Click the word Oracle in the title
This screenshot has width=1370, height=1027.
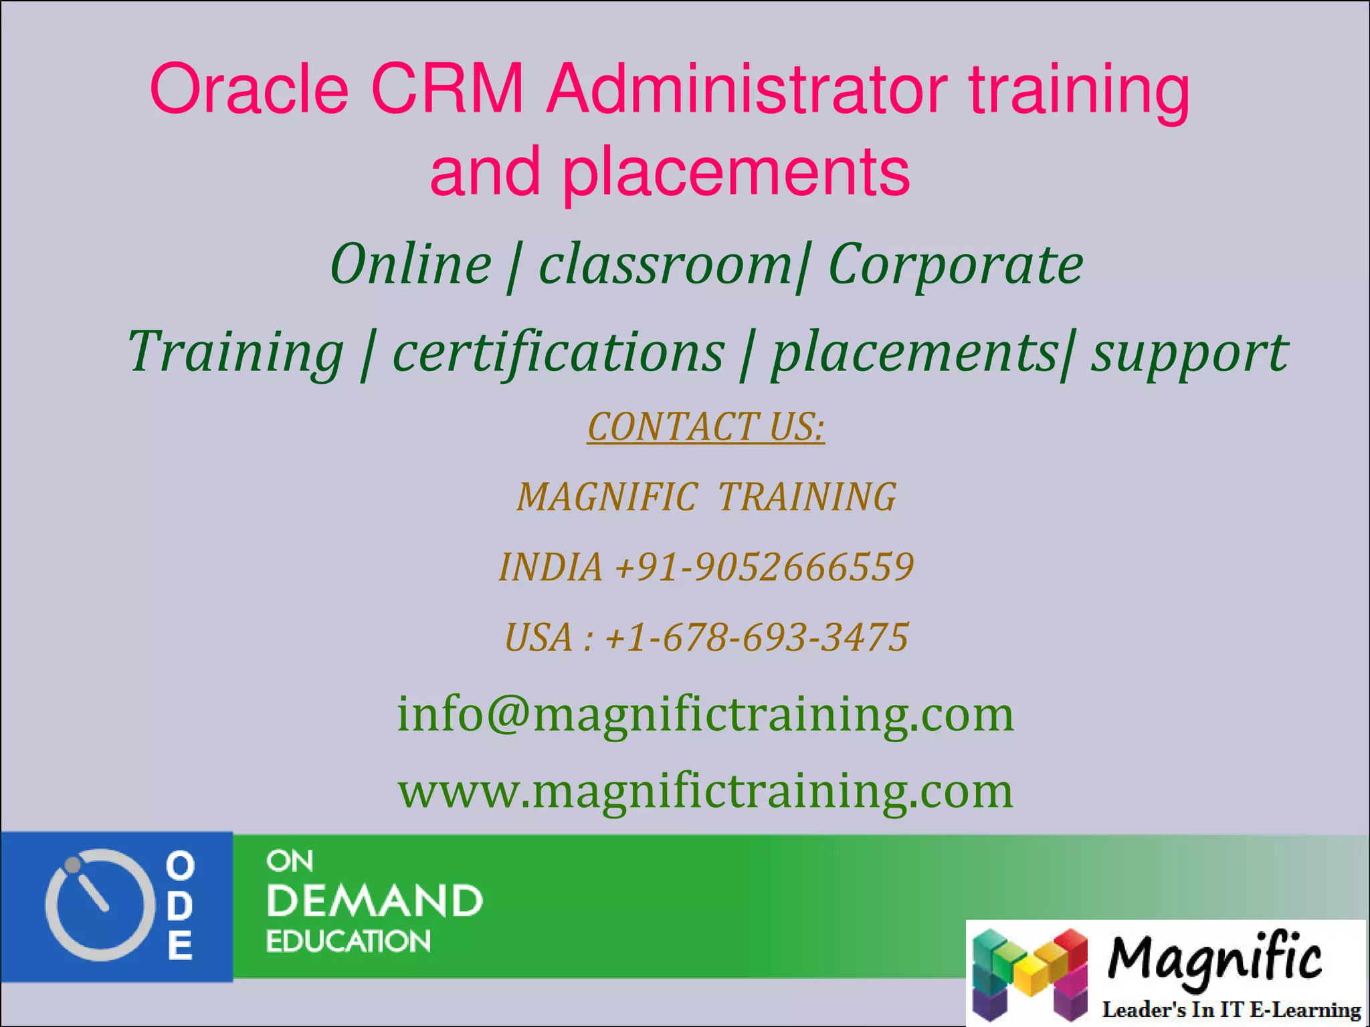coord(249,88)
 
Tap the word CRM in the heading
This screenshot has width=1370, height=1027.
coord(447,88)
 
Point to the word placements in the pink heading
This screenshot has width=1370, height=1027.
coord(736,173)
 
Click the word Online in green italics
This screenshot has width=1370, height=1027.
coord(411,265)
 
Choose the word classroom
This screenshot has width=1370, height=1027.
coord(665,265)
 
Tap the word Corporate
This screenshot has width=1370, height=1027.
coord(955,265)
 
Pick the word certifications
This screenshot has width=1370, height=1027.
coord(558,352)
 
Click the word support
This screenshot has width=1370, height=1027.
coord(1189,353)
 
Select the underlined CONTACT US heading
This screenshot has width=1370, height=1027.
coord(706,427)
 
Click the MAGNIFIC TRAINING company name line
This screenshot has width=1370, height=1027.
coord(706,497)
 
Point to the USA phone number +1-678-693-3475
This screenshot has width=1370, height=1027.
coord(756,637)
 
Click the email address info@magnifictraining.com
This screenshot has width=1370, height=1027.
coord(706,714)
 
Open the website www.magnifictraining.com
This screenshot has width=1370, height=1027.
coord(706,791)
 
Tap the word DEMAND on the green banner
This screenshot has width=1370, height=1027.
coord(375,901)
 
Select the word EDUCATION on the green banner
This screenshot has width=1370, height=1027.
coord(349,941)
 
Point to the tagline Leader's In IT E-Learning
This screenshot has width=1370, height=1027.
coord(1231,1010)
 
